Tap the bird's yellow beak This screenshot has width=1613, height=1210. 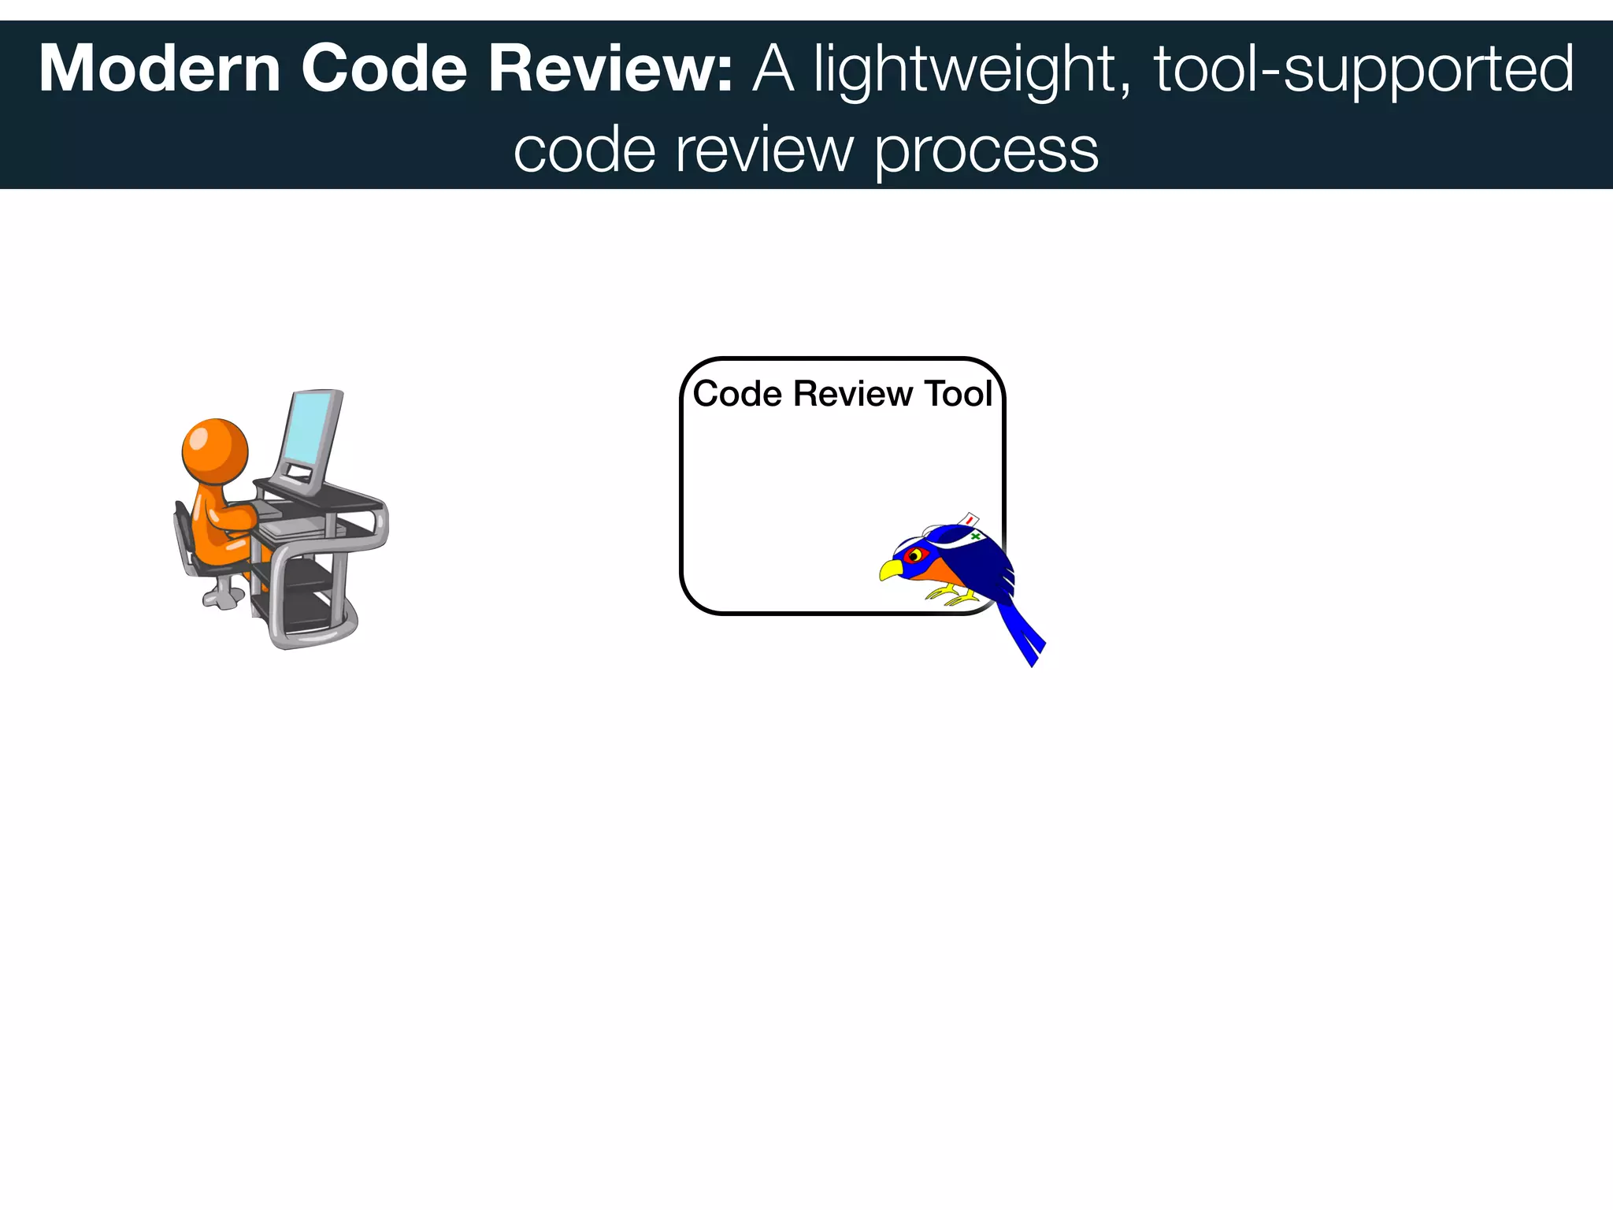pos(891,569)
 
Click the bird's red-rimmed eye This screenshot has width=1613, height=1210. pos(914,555)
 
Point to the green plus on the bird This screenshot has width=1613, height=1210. pos(975,536)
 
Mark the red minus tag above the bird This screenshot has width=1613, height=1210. pos(970,520)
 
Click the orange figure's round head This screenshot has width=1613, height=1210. pos(215,451)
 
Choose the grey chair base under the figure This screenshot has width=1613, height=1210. pos(221,596)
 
